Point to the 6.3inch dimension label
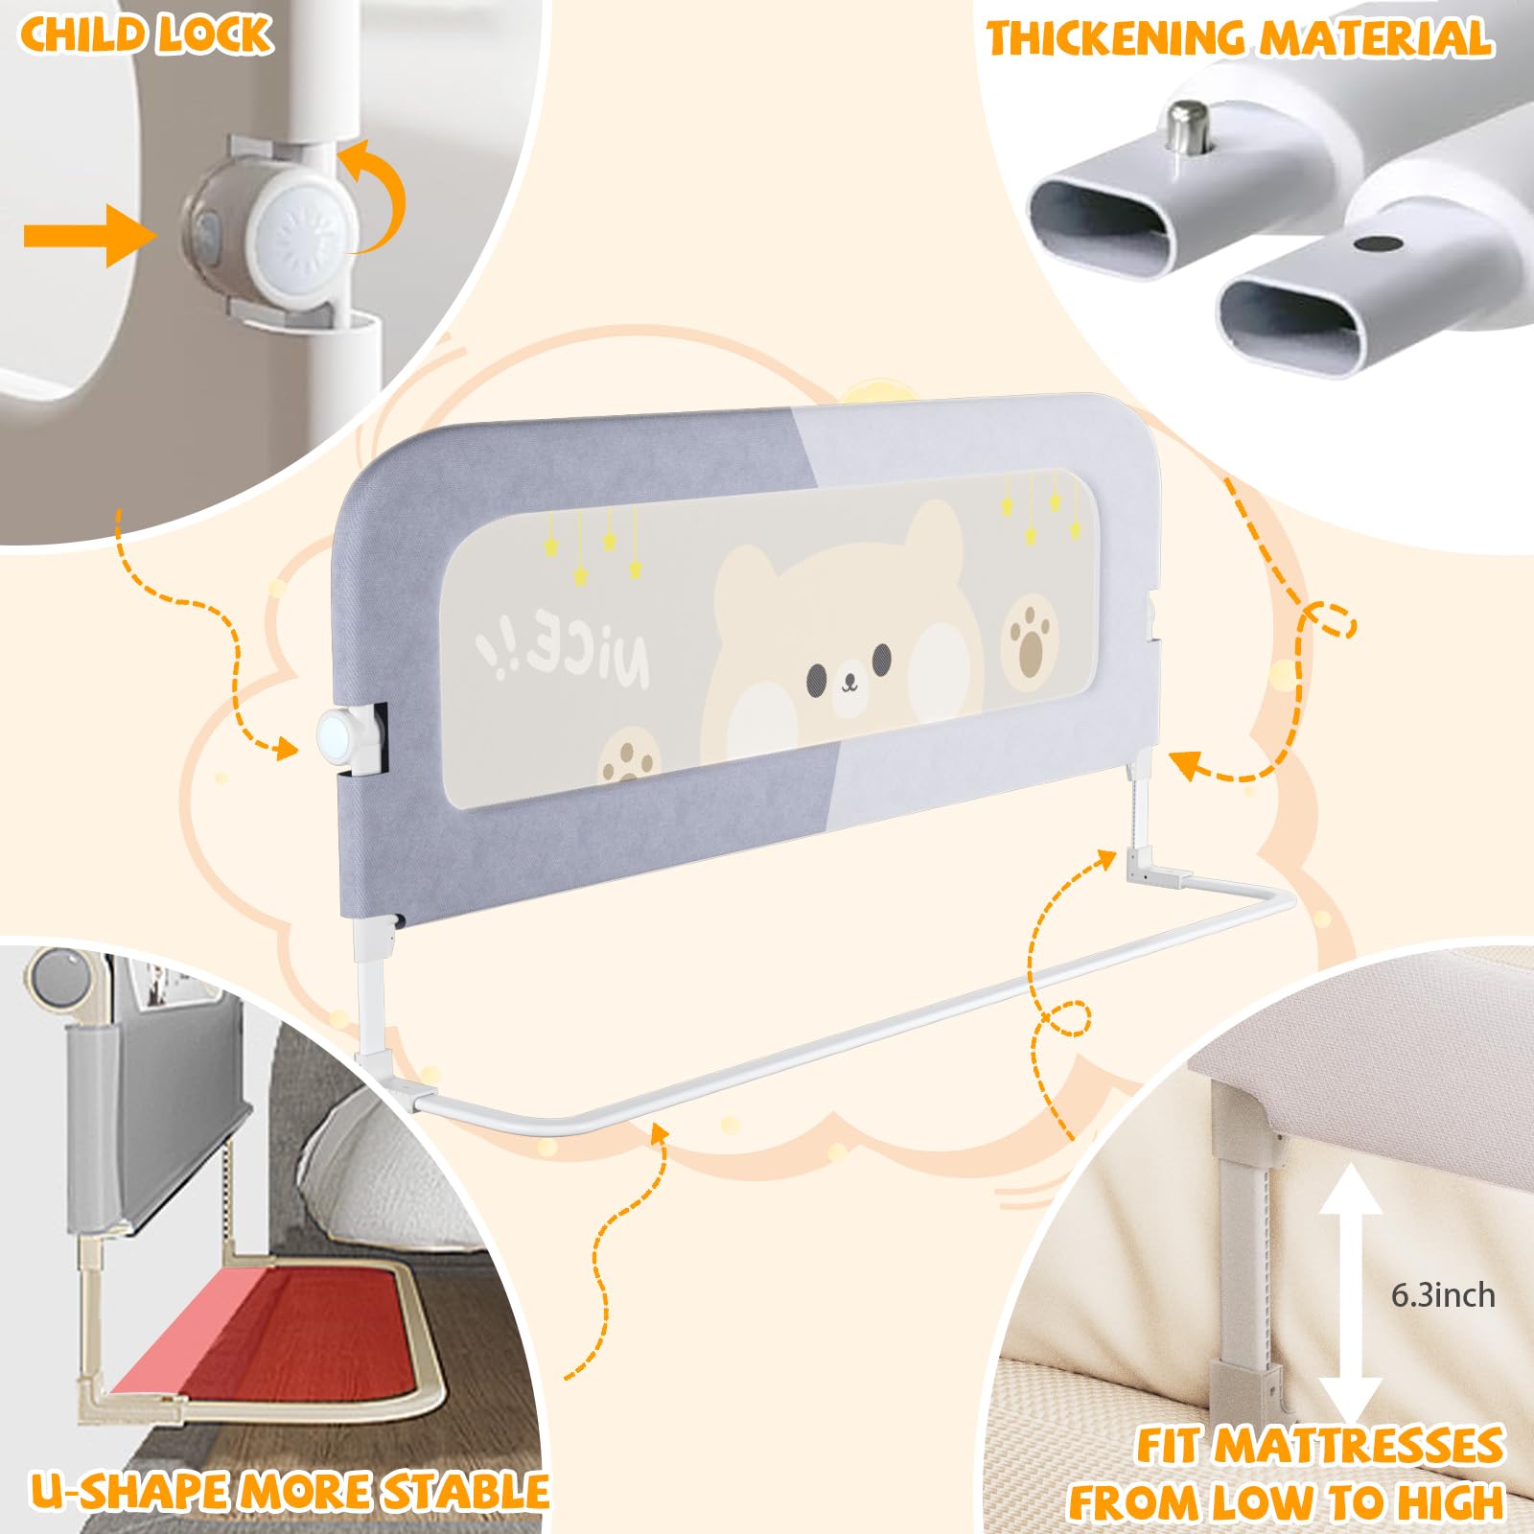click(x=1443, y=1295)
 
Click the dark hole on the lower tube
click(x=1378, y=244)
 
